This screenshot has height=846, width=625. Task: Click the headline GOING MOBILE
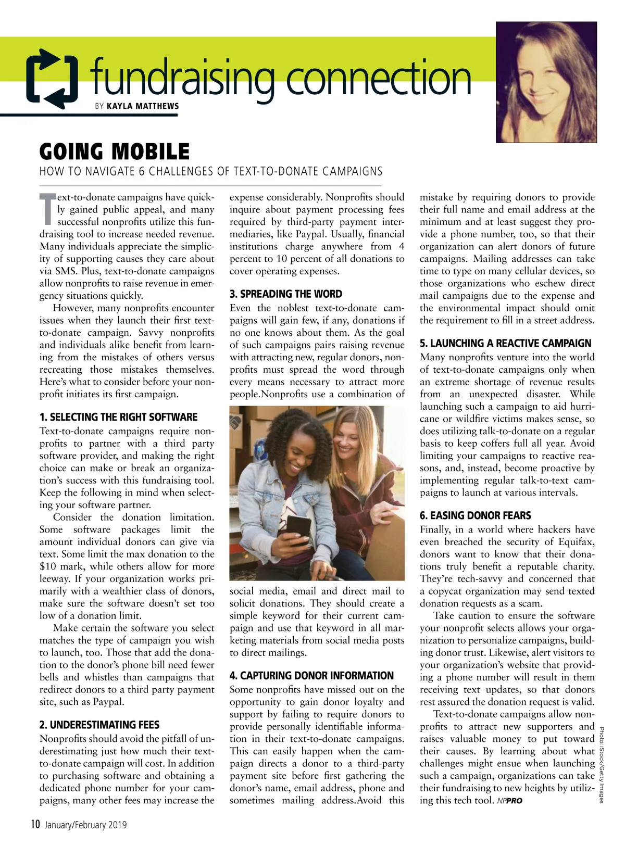click(115, 151)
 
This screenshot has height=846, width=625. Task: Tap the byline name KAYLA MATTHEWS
click(143, 106)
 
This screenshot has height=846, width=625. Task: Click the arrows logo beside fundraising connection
click(53, 79)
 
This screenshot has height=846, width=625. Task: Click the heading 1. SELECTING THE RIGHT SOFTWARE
click(118, 417)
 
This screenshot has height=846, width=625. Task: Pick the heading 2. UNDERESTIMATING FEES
click(99, 725)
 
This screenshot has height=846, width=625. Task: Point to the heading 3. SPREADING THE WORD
click(286, 294)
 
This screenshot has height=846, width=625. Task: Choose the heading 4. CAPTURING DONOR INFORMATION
click(311, 676)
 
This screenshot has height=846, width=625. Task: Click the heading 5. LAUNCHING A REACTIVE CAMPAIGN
click(505, 344)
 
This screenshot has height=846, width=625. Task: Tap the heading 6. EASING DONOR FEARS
click(475, 515)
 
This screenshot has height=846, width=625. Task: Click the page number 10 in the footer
click(35, 824)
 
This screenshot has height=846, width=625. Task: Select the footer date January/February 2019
click(85, 825)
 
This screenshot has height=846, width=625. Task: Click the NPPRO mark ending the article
click(509, 801)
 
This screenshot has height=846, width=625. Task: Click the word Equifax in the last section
click(577, 542)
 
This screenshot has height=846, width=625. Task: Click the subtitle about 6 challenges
click(211, 171)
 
